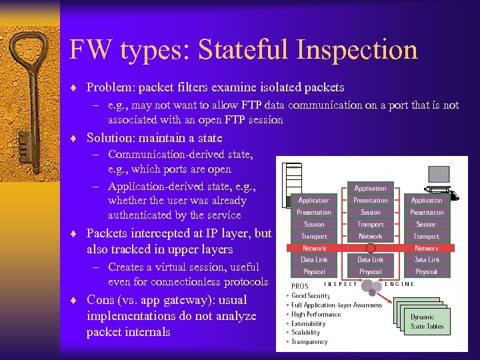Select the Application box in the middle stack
(x=370, y=188)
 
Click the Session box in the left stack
(x=314, y=224)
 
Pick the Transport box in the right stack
(x=426, y=236)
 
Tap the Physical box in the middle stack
(x=370, y=271)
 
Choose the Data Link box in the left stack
(x=314, y=259)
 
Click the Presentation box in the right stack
(x=427, y=212)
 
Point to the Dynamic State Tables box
(x=427, y=321)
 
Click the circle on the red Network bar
(x=370, y=248)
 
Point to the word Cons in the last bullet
(x=100, y=300)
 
